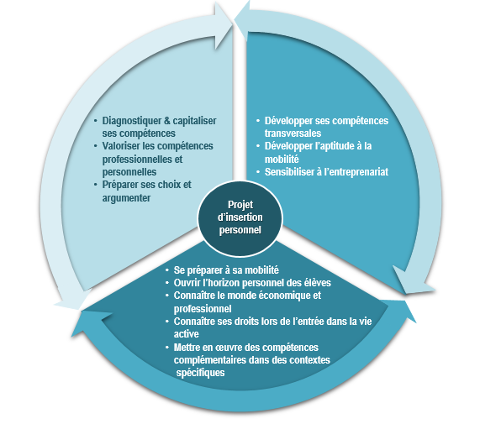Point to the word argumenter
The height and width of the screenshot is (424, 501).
[126, 198]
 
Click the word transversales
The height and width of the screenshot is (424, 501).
[293, 133]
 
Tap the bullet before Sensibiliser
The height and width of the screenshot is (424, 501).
[258, 172]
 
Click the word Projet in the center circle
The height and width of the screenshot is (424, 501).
[240, 205]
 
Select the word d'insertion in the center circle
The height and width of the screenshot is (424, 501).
[240, 217]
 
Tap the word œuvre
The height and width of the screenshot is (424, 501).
[231, 348]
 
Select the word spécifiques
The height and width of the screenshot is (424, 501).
[200, 373]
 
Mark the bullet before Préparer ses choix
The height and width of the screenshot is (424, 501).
[96, 185]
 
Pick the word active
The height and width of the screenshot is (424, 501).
[186, 334]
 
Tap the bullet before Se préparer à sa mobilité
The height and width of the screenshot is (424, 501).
[167, 270]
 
